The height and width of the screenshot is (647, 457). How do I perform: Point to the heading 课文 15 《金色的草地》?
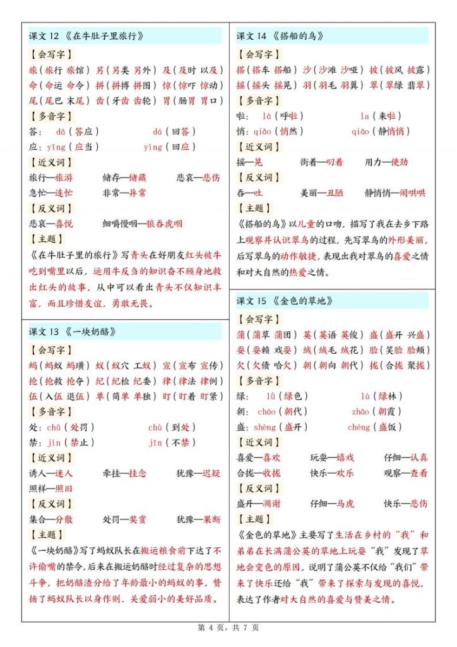pos(285,301)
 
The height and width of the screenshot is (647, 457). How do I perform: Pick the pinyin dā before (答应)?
pos(61,131)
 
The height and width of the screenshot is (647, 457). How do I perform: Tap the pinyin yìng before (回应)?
pos(153,147)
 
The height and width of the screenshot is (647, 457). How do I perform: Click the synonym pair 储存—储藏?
pos(124,178)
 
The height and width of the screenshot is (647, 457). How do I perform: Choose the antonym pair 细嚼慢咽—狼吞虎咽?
pos(143,224)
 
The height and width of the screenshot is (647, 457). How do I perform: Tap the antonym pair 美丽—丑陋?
pos(322,193)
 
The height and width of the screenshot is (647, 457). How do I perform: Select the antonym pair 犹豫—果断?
pos(199,519)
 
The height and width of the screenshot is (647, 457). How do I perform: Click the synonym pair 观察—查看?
pos(406,473)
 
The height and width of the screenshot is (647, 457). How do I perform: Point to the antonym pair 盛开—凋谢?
pos(259,504)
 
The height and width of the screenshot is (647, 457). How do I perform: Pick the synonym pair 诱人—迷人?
pos(51,473)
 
